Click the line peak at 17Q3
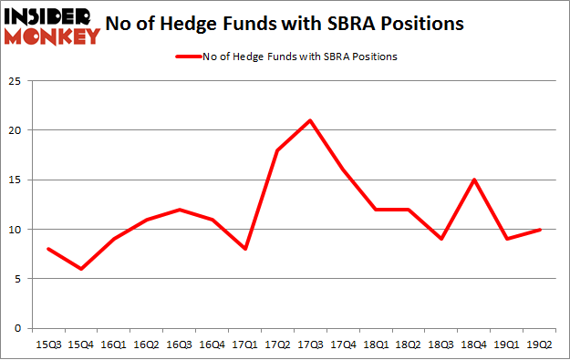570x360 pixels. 310,120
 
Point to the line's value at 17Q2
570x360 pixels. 276,150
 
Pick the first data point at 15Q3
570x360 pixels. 47,249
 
